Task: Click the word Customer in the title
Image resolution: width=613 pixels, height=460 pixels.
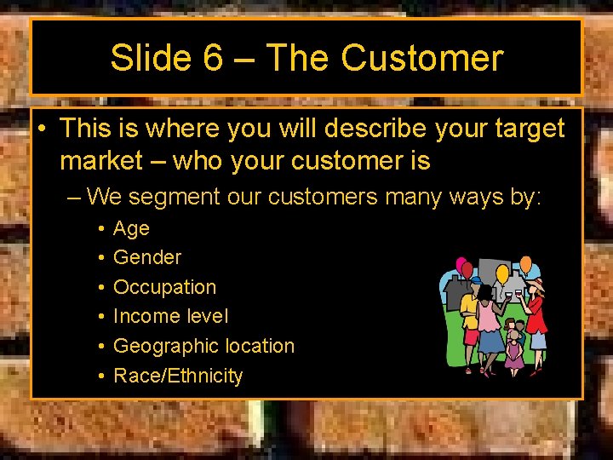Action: pos(422,59)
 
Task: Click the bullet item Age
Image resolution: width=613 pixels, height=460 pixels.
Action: pos(131,228)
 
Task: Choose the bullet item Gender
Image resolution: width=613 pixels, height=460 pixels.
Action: pos(147,257)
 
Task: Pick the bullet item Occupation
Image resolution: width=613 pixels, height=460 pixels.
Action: pos(164,287)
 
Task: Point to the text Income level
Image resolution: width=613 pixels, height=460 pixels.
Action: pos(170,316)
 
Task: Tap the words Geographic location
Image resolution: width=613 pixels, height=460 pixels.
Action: pos(203,346)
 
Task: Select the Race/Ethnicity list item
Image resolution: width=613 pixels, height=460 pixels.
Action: pos(178,376)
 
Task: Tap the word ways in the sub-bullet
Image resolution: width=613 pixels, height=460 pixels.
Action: pos(456,198)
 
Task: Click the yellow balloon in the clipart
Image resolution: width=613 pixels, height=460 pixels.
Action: pos(502,275)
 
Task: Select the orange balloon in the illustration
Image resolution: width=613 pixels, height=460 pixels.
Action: pos(526,265)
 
